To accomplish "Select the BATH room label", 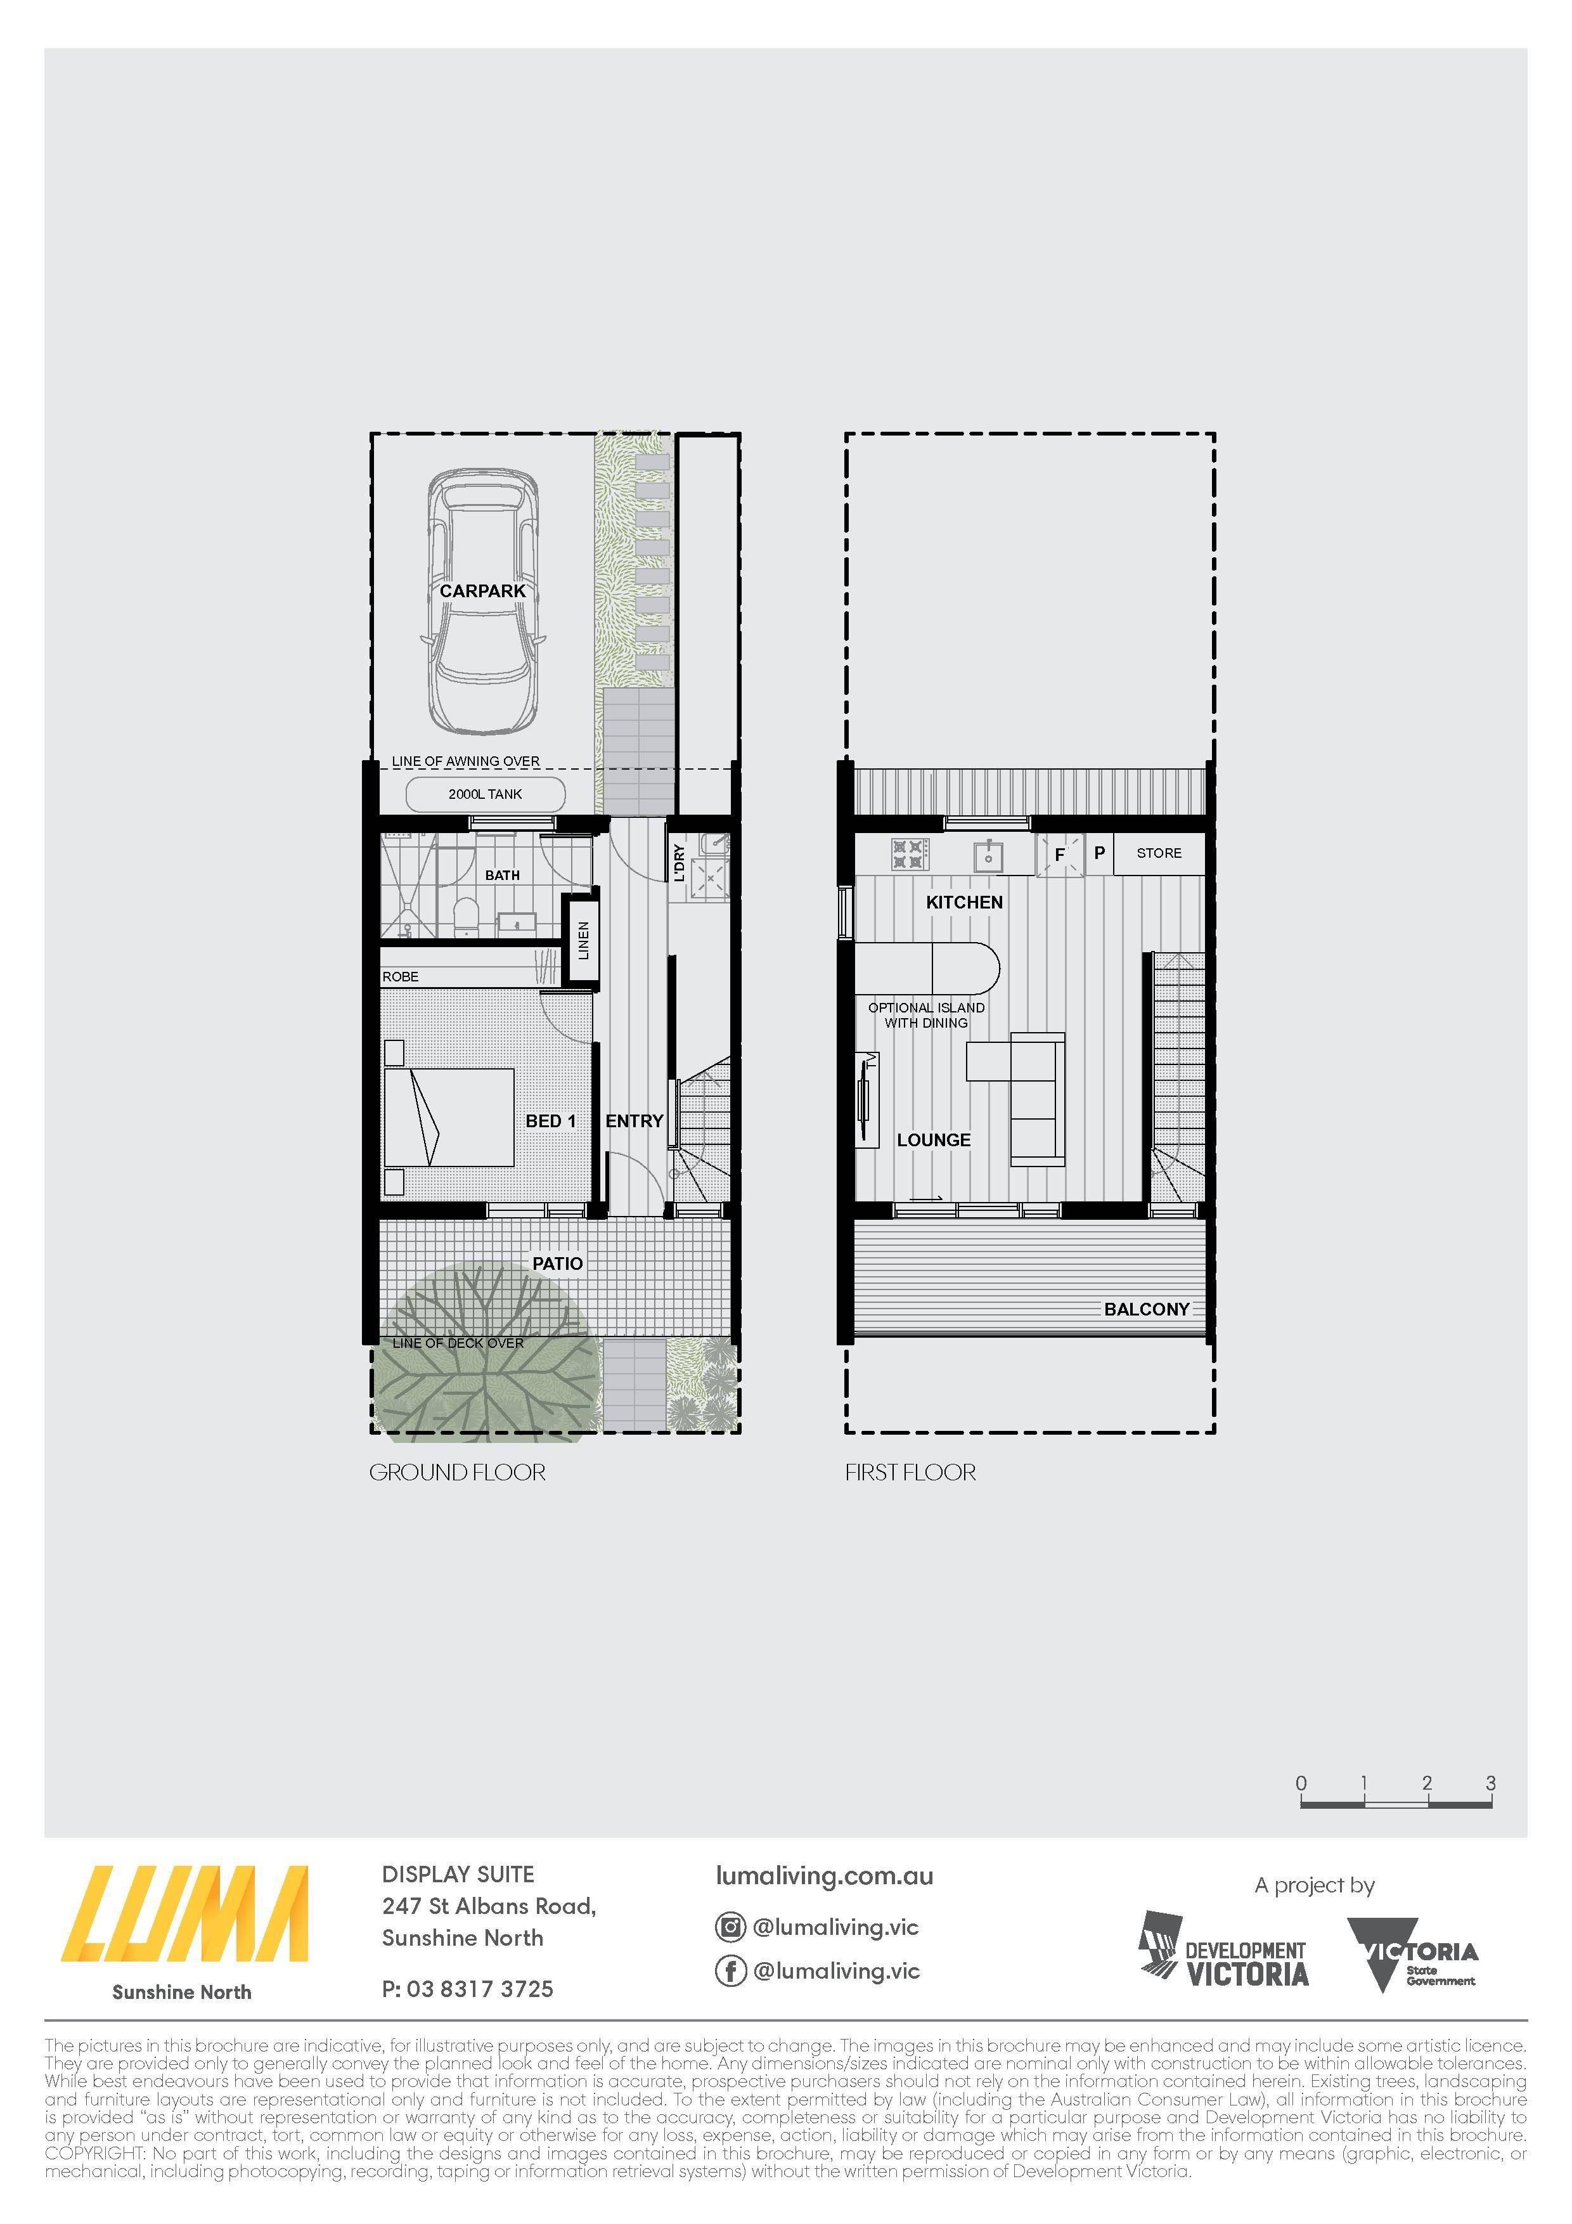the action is click(x=502, y=876).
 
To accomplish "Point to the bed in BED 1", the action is click(x=448, y=1118).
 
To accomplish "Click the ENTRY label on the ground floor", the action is click(x=635, y=1121).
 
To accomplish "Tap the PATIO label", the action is click(x=558, y=1263).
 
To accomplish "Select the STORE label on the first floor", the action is click(x=1159, y=853).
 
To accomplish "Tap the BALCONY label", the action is click(x=1147, y=1309).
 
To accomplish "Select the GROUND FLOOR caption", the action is click(x=457, y=1472).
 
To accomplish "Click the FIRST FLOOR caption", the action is click(x=910, y=1472).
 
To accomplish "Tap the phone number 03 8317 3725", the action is click(x=480, y=1989).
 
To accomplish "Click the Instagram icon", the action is click(x=730, y=1927).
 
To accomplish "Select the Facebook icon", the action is click(x=730, y=1971).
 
